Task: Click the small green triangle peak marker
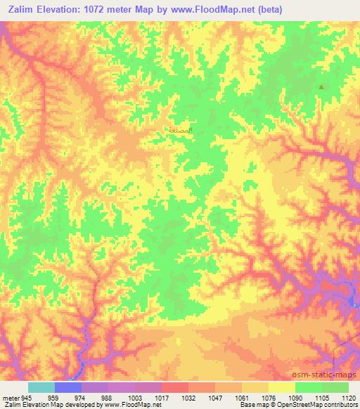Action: pos(322,87)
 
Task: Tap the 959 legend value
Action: pos(53,398)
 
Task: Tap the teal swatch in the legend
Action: pos(41,387)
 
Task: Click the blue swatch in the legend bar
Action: pos(68,387)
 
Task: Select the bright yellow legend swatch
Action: pos(281,387)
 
